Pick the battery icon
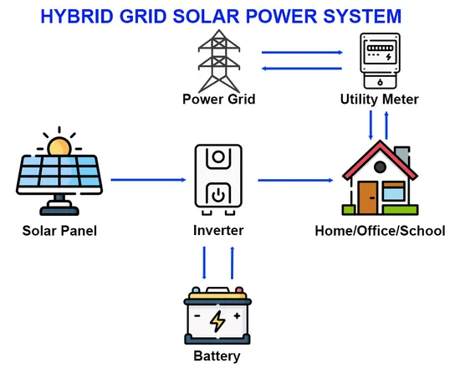217,317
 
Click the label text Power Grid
218,100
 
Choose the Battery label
217,356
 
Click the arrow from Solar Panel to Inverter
147,179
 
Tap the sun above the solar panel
58,146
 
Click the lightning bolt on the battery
217,319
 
